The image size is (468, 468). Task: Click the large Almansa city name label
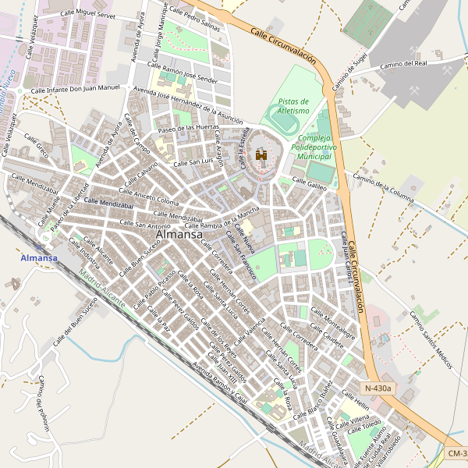[x=179, y=234]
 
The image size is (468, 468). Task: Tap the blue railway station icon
[x=39, y=246]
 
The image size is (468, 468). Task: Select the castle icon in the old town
[x=261, y=156]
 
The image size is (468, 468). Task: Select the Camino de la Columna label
[x=382, y=187]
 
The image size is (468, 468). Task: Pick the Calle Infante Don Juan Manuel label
[x=76, y=90]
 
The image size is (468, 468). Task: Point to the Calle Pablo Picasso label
[x=155, y=290]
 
